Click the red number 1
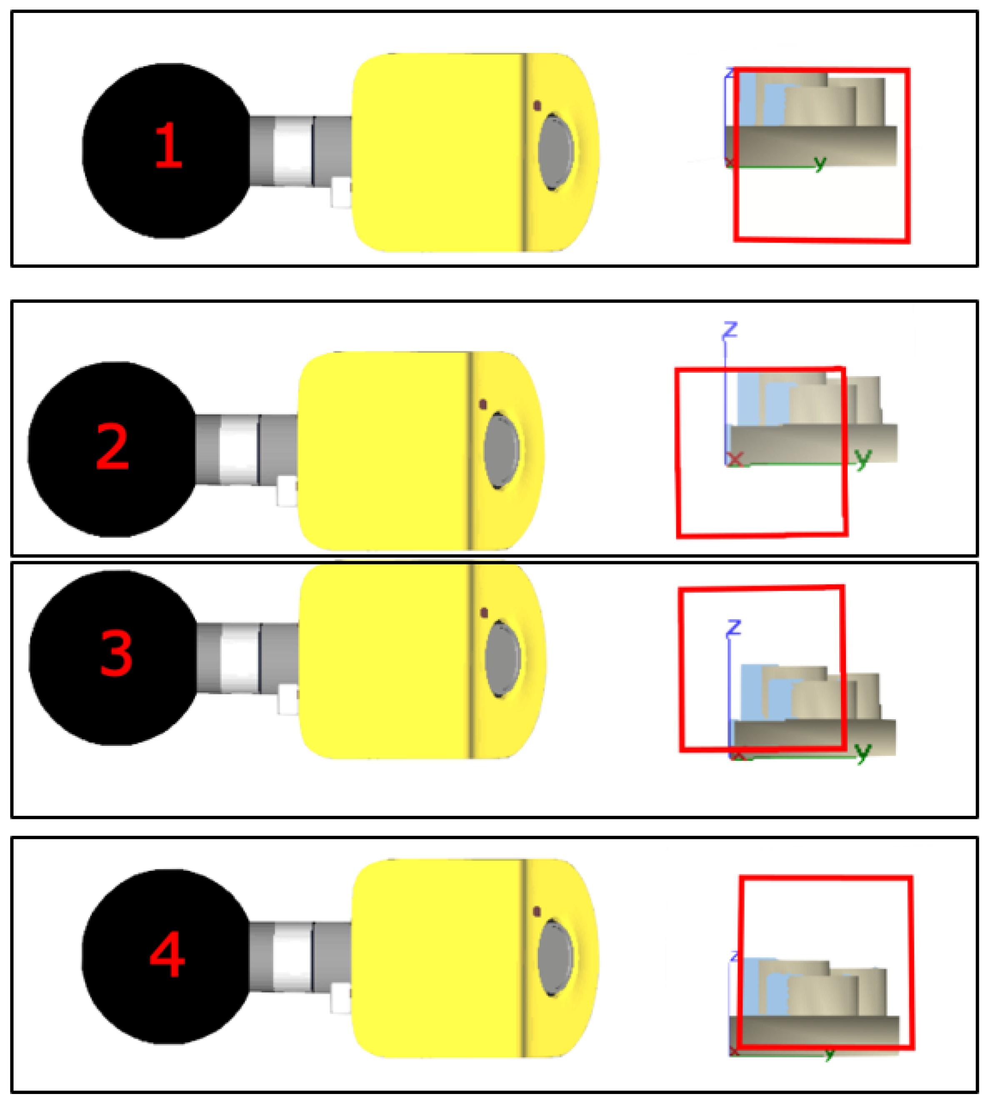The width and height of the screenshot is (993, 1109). pyautogui.click(x=168, y=146)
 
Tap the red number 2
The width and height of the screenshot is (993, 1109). pyautogui.click(x=113, y=447)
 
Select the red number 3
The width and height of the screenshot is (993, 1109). pyautogui.click(x=116, y=653)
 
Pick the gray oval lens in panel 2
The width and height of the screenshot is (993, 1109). pyautogui.click(x=501, y=451)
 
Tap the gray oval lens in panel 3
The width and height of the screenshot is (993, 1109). pyautogui.click(x=502, y=659)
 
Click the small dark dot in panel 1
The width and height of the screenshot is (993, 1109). pyautogui.click(x=537, y=106)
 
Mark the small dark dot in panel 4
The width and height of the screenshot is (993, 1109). pyautogui.click(x=537, y=911)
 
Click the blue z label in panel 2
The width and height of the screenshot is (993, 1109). pyautogui.click(x=730, y=330)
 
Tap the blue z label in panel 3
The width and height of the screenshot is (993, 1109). pyautogui.click(x=733, y=627)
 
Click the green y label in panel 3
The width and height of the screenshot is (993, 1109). pyautogui.click(x=863, y=752)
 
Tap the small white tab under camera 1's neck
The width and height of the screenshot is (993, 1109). pyautogui.click(x=341, y=192)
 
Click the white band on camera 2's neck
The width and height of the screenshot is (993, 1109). pyautogui.click(x=238, y=450)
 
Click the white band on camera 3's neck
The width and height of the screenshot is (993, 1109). pyautogui.click(x=240, y=658)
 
